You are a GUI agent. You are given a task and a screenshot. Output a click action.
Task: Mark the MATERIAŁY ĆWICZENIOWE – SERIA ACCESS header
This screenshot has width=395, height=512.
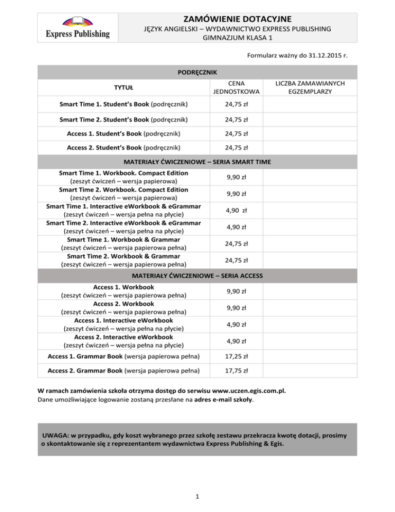(197, 276)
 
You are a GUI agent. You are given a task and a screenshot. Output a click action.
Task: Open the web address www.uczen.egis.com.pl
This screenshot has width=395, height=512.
(246, 390)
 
